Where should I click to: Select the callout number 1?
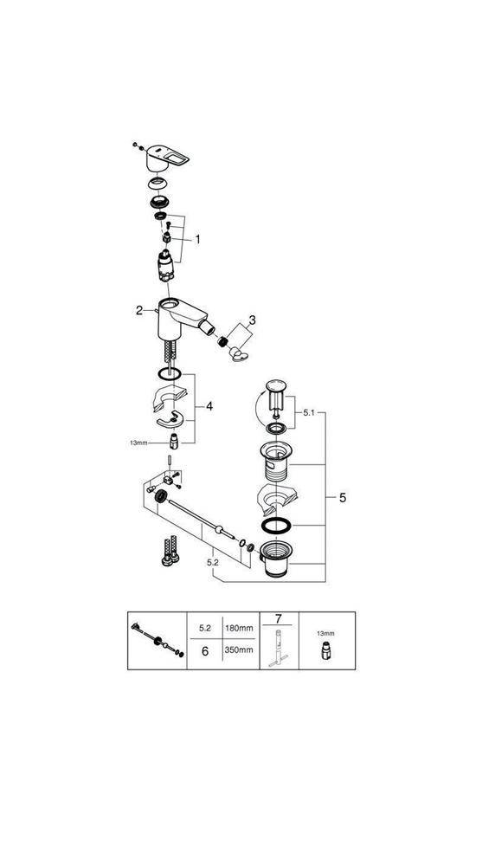click(x=197, y=239)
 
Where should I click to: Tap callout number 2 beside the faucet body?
click(x=138, y=310)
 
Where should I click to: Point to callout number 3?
click(x=251, y=320)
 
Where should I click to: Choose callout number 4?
click(x=209, y=406)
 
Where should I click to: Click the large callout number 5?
click(x=343, y=498)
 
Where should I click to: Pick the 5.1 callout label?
click(x=308, y=414)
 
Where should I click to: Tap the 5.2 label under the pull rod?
click(x=212, y=562)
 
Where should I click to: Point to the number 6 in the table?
click(x=204, y=650)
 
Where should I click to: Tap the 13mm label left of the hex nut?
click(x=138, y=442)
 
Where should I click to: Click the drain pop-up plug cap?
click(x=277, y=385)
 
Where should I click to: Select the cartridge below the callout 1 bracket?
click(x=164, y=264)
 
